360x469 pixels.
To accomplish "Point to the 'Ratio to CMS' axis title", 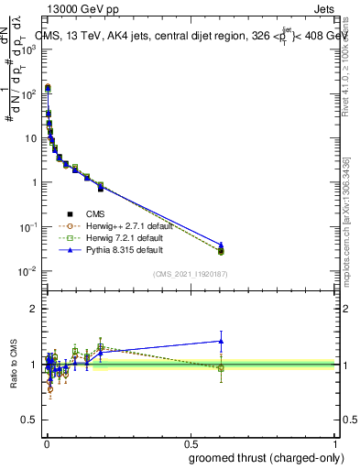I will click(12, 365).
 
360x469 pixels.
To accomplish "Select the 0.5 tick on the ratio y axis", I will click(31, 420).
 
